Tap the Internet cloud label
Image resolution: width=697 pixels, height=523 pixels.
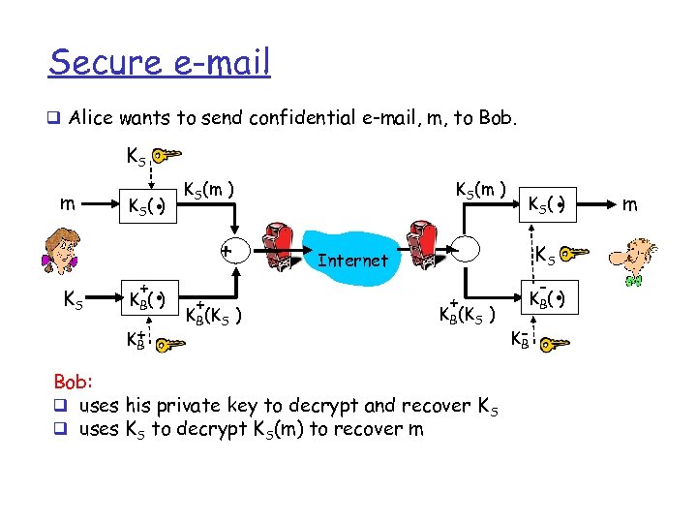352,260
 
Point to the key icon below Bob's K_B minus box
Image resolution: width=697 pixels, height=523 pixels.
555,343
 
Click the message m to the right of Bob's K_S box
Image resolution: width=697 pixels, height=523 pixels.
630,202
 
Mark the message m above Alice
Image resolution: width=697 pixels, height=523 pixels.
63,203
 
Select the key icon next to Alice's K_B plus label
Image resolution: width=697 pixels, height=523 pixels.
167,343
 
